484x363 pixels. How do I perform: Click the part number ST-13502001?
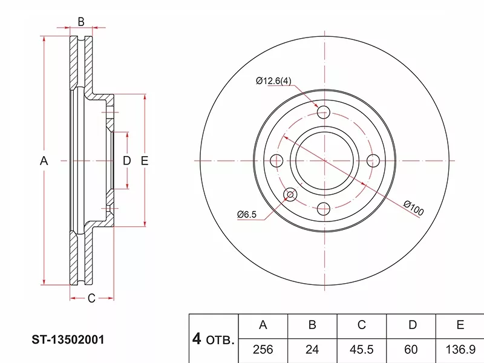[68, 339]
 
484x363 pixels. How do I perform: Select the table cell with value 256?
[263, 350]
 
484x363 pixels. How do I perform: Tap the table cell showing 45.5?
[361, 350]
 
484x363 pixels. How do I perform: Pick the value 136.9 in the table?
[460, 350]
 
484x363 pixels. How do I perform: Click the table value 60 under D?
[411, 350]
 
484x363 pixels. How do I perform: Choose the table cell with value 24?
[312, 350]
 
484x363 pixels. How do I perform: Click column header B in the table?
[312, 325]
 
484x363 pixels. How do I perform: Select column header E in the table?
[460, 325]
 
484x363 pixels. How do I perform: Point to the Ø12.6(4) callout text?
[273, 81]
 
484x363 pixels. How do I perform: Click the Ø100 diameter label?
[414, 208]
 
